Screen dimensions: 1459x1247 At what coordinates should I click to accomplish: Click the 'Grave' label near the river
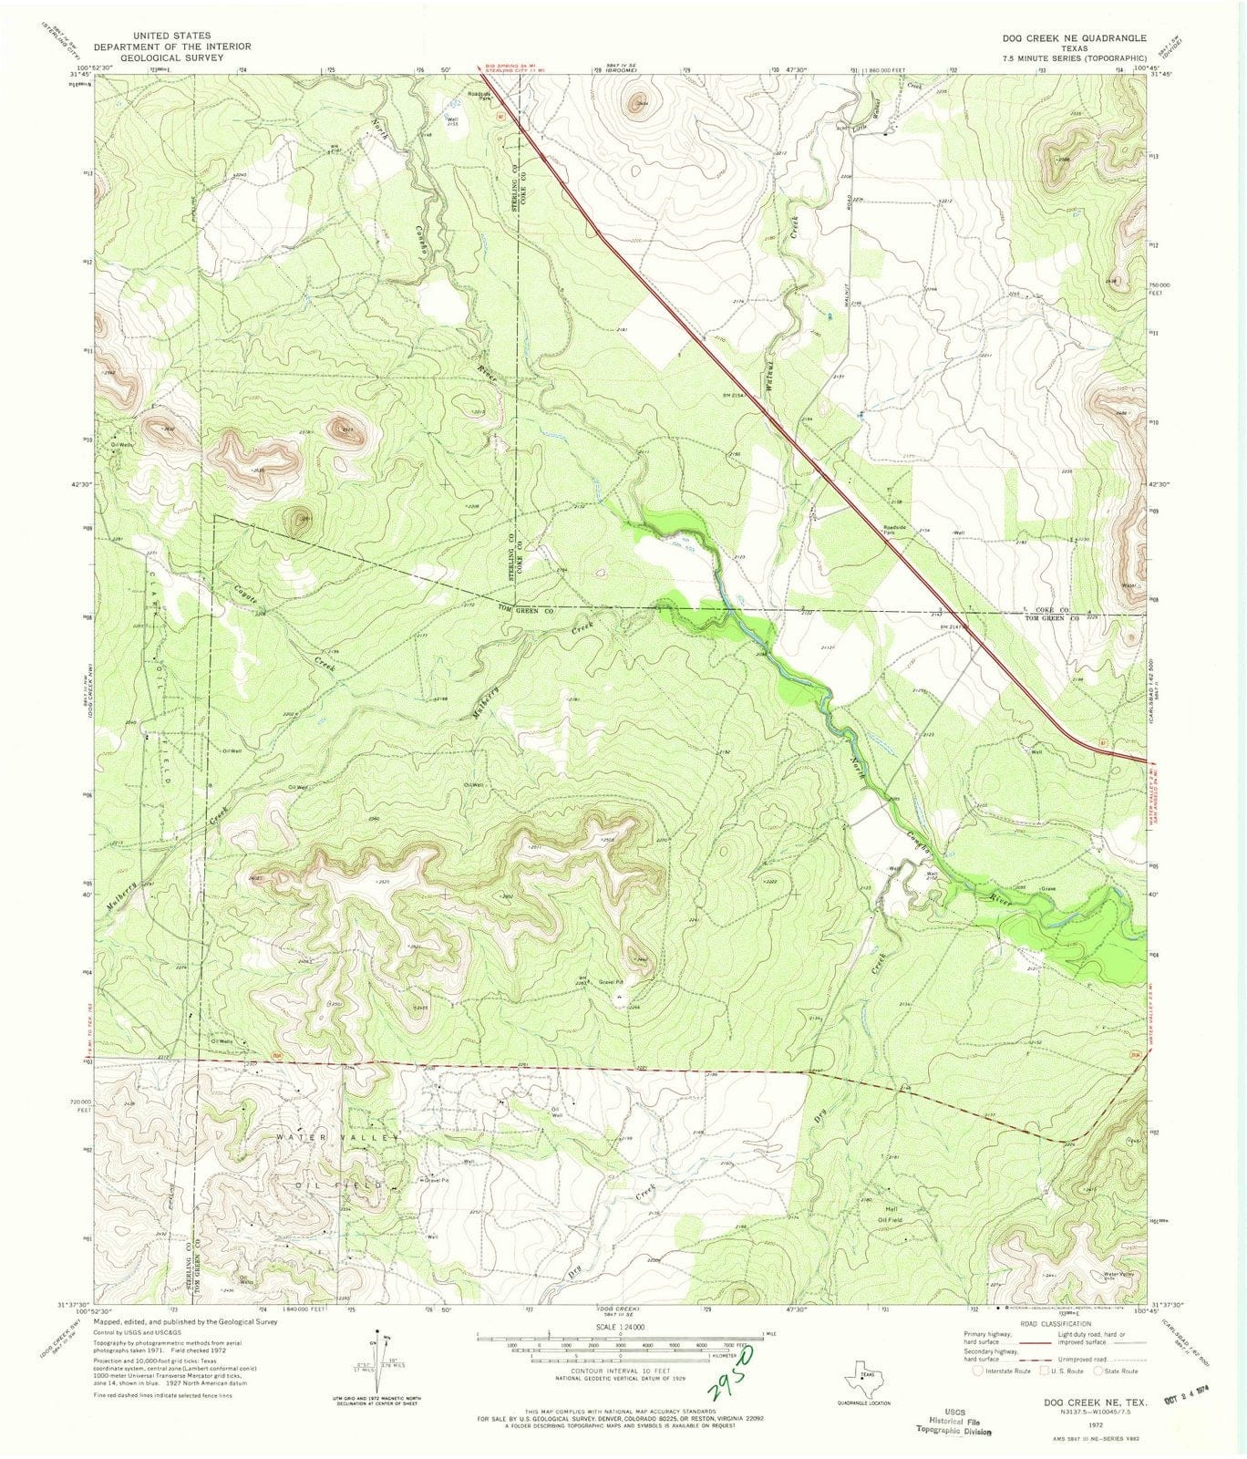pyautogui.click(x=1048, y=889)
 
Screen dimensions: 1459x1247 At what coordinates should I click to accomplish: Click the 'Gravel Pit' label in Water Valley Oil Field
pyautogui.click(x=435, y=1180)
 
